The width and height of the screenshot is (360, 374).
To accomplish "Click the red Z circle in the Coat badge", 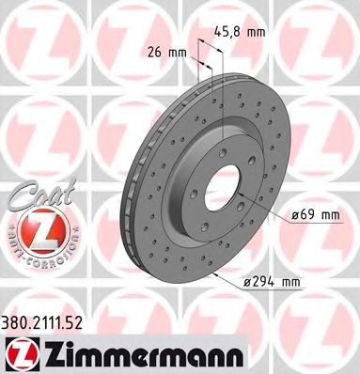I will (34, 226).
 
